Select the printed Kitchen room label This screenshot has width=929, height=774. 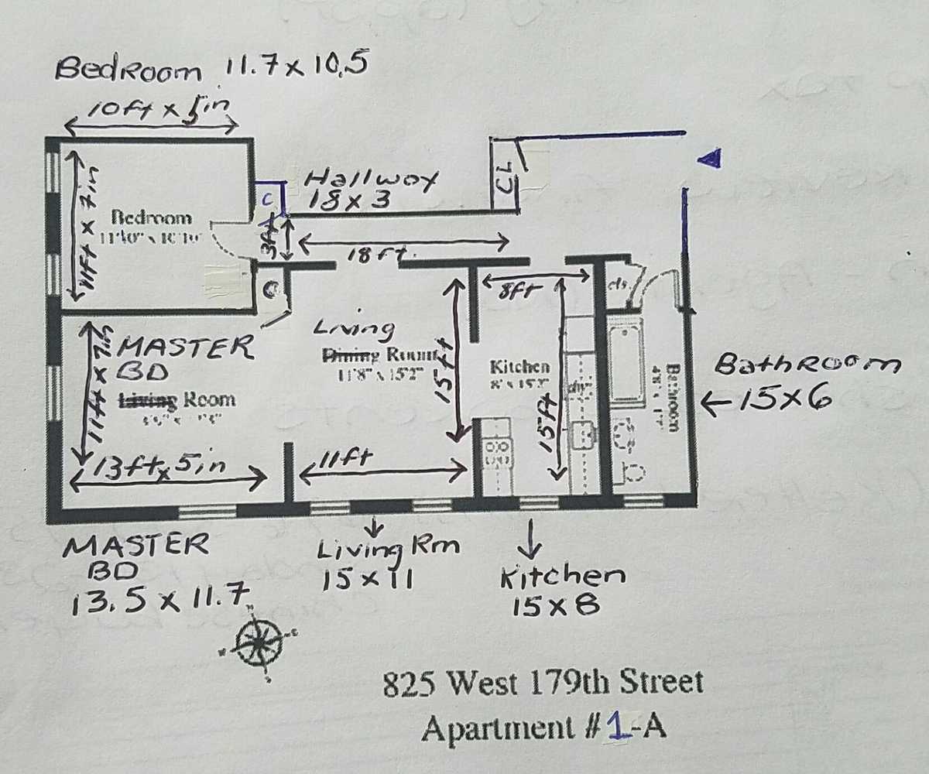pos(520,366)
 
